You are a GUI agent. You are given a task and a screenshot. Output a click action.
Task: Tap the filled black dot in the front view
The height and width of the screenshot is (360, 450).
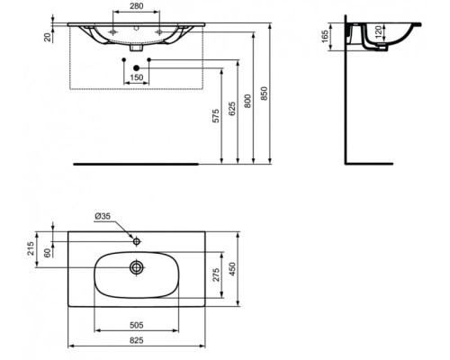135,67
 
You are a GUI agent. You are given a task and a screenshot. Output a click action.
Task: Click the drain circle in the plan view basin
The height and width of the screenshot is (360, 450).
137,267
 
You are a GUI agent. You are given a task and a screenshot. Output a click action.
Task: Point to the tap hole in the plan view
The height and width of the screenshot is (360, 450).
136,241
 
